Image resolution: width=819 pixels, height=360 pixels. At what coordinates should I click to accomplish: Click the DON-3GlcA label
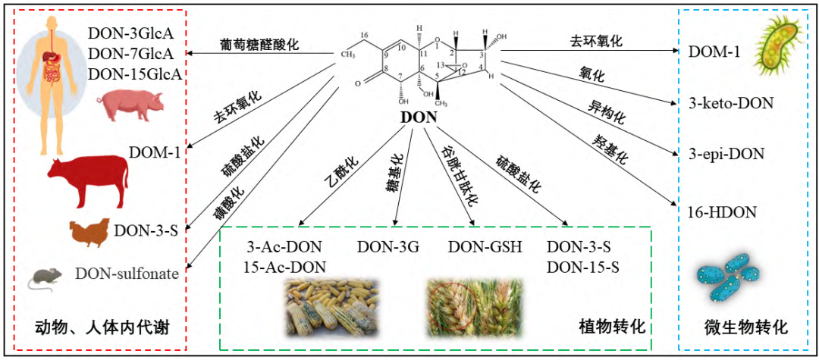[x=131, y=33]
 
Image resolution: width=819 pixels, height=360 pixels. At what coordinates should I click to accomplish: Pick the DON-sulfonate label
[x=127, y=274]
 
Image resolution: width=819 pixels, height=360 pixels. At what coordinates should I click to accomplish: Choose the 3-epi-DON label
[x=726, y=155]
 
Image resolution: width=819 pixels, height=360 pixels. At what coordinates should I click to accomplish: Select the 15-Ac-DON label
[x=284, y=266]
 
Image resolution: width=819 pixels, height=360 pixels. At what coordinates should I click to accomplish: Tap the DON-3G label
[x=388, y=247]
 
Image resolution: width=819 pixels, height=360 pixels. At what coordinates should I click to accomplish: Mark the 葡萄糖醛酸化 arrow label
[x=259, y=44]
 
